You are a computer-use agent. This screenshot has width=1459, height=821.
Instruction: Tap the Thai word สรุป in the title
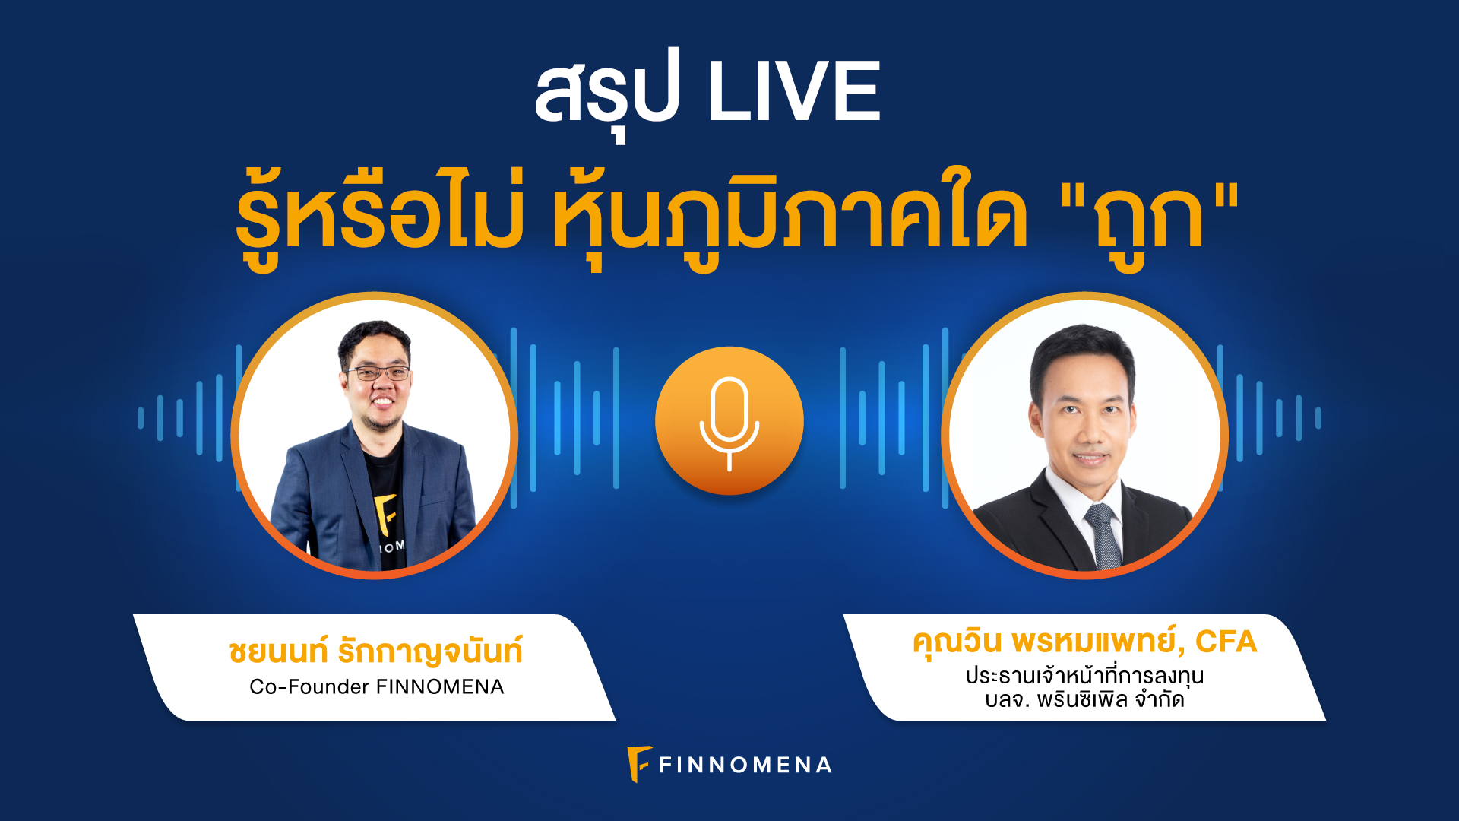(606, 95)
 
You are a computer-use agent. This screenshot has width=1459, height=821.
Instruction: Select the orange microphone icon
(729, 420)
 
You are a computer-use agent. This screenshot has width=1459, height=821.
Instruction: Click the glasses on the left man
(378, 373)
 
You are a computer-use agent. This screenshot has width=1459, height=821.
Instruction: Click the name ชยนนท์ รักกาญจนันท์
(375, 651)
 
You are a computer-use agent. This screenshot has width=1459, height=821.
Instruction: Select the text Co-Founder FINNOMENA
(376, 687)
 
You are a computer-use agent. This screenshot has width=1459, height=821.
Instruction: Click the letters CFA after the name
(1226, 642)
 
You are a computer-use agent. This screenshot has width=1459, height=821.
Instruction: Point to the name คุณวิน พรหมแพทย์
(1046, 642)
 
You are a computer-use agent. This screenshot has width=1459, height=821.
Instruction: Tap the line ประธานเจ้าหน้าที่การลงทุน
(1084, 675)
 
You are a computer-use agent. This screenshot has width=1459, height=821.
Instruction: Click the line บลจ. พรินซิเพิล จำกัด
(1084, 699)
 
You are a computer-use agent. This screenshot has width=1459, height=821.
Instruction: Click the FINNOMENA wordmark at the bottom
(745, 765)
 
